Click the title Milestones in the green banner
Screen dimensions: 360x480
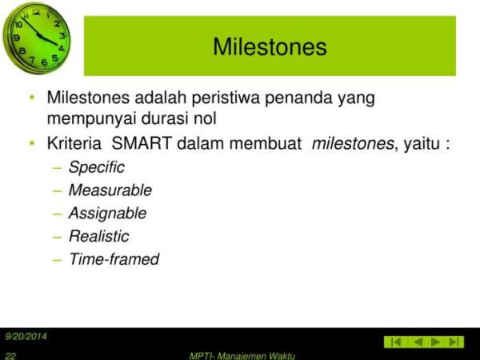point(270,47)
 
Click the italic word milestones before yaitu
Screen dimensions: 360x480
point(353,144)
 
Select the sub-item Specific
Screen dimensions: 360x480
point(96,168)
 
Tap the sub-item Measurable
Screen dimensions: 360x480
point(110,190)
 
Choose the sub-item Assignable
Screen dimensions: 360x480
point(107,214)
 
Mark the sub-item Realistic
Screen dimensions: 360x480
point(98,236)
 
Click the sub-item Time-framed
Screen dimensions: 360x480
point(114,259)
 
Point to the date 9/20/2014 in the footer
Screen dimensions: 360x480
point(26,336)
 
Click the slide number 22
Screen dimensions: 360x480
point(10,354)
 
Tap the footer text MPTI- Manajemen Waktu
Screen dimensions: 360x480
point(242,354)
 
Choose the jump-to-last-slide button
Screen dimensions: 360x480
point(454,342)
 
